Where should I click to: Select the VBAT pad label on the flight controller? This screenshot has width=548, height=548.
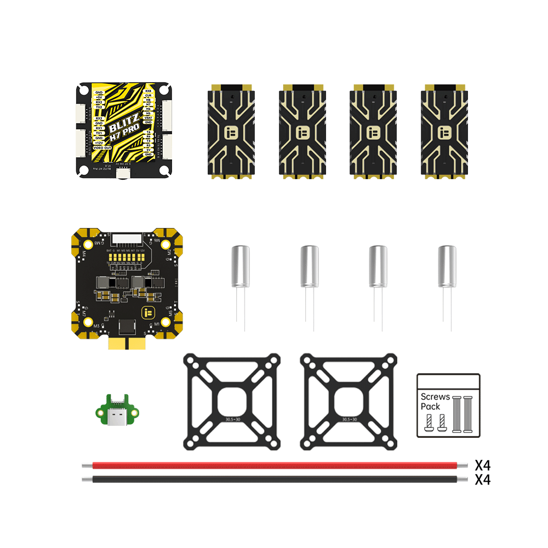(x=148, y=117)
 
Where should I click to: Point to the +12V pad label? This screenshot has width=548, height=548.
(x=99, y=142)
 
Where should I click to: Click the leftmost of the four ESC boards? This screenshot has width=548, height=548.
(x=230, y=132)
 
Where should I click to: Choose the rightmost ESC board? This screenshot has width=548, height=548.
(x=444, y=132)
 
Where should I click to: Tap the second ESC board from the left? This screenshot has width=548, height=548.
(x=301, y=132)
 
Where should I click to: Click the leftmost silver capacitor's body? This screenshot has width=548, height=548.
(x=239, y=266)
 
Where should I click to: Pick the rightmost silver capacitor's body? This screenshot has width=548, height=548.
(x=447, y=266)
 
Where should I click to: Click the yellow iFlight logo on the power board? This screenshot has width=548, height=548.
(x=146, y=313)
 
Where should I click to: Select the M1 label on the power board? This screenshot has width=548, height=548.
(x=157, y=324)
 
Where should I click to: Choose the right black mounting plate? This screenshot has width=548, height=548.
(x=348, y=401)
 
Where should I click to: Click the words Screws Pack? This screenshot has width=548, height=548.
(x=435, y=402)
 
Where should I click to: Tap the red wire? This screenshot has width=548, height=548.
(x=274, y=465)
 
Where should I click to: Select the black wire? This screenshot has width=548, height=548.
(x=274, y=479)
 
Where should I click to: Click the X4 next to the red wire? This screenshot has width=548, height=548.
(x=482, y=465)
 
